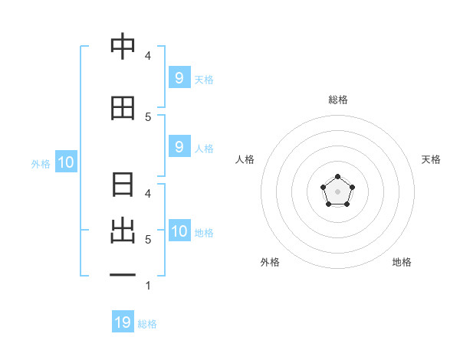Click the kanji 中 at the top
123,47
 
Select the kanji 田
123,108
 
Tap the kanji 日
123,185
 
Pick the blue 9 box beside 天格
179,77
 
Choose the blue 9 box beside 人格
179,147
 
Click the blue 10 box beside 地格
179,231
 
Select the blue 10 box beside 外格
65,162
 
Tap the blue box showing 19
123,322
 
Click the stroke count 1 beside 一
148,286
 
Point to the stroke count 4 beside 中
148,56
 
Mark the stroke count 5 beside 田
148,116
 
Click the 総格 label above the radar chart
337,100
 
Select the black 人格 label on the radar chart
245,159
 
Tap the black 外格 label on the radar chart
270,262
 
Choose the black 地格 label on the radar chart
402,262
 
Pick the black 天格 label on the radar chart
431,159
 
